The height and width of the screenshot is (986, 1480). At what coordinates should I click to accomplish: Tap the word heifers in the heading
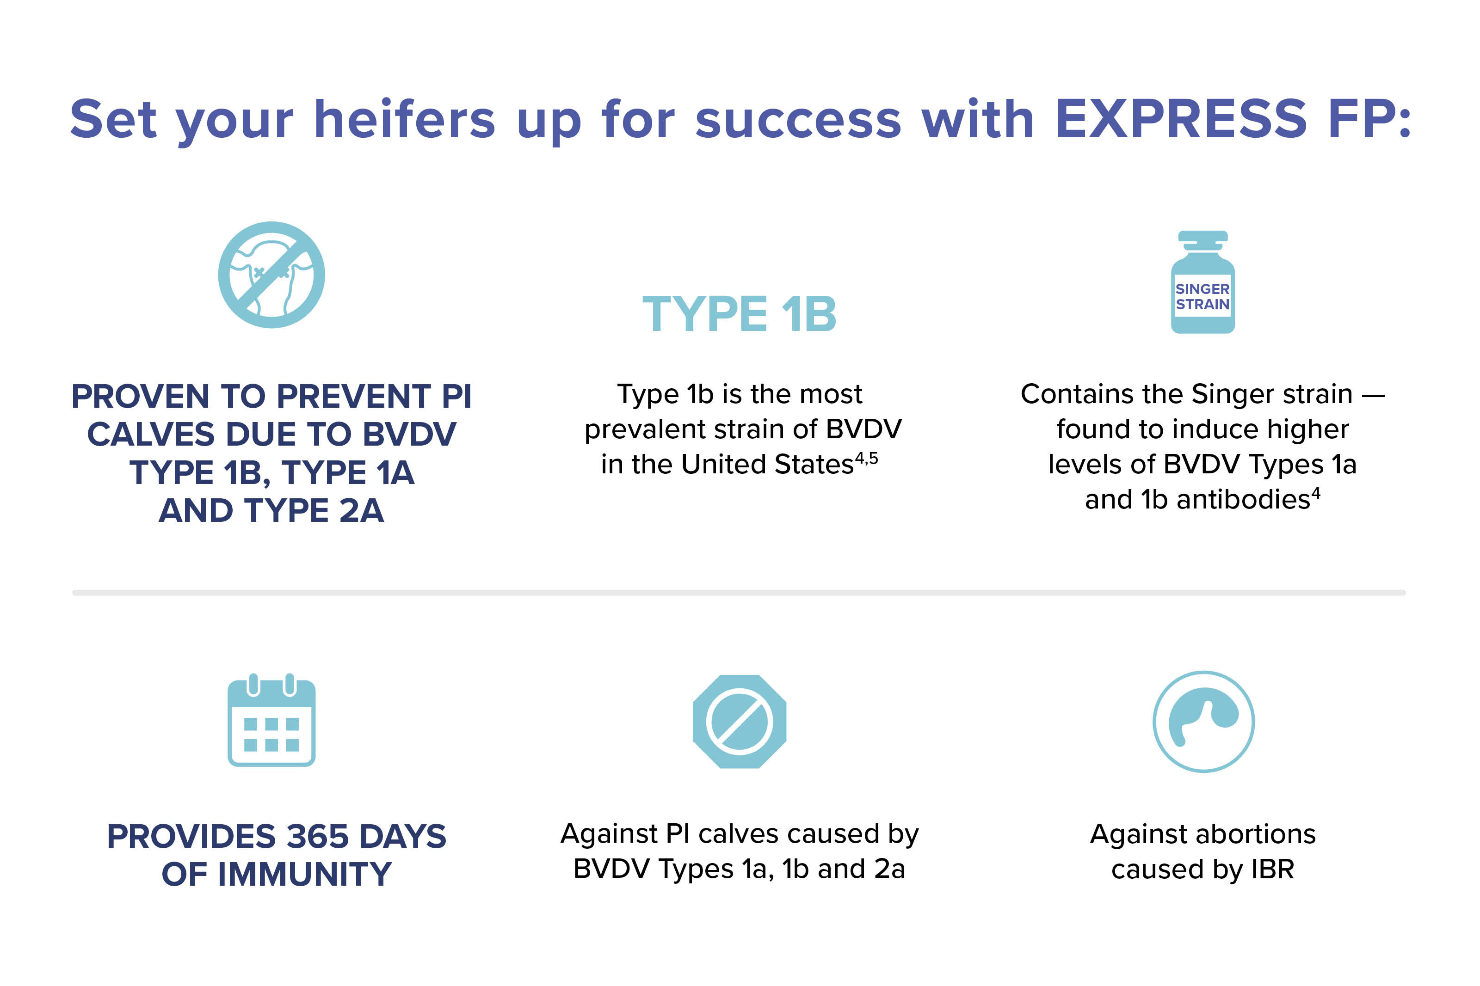click(x=404, y=119)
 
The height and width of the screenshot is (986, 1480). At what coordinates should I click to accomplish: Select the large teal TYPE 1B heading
click(x=739, y=314)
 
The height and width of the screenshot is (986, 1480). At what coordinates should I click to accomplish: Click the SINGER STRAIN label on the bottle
click(x=1202, y=296)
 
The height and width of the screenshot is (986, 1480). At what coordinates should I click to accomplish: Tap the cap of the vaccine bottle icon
click(x=1202, y=237)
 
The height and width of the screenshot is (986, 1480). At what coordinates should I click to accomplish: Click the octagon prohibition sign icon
click(x=739, y=721)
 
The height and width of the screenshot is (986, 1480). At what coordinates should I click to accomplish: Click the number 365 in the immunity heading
click(x=318, y=836)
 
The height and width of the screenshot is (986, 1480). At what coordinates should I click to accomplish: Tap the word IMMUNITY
click(x=304, y=874)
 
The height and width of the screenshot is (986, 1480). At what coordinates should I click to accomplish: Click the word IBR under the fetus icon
click(x=1272, y=870)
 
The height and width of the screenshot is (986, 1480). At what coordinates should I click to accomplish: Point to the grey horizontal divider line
click(x=739, y=592)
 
